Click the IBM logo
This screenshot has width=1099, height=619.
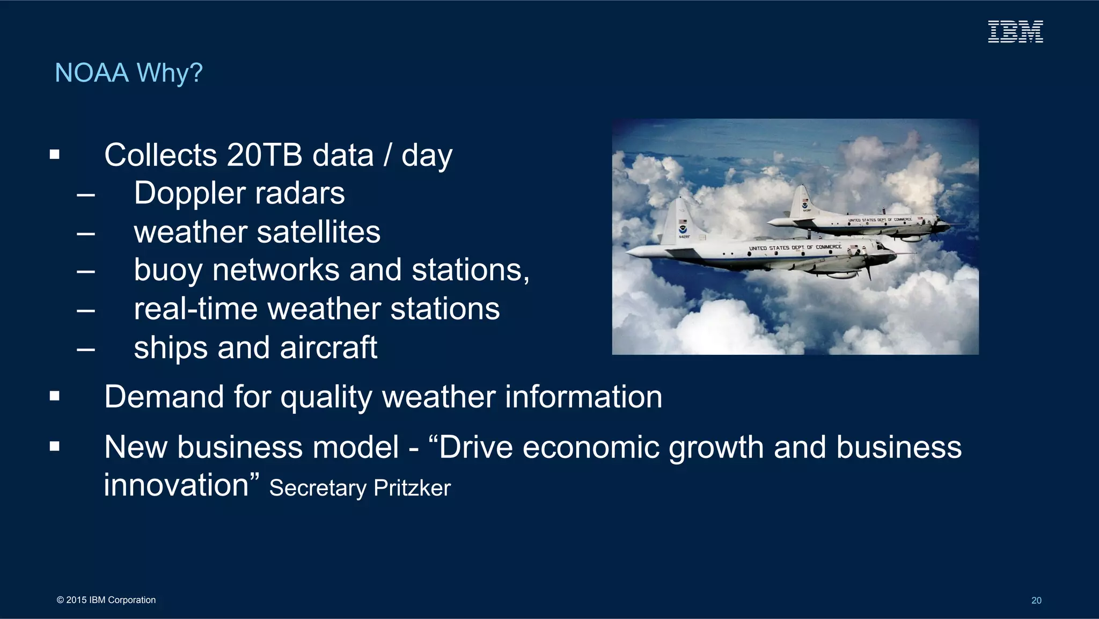click(x=1015, y=32)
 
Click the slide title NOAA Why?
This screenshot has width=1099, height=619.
click(x=129, y=73)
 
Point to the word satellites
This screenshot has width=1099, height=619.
click(x=319, y=232)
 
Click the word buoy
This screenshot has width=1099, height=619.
click(x=168, y=271)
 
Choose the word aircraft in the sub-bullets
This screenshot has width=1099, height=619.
click(x=328, y=348)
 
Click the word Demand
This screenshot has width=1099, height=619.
click(x=164, y=397)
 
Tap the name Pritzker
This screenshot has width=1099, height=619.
click(x=412, y=488)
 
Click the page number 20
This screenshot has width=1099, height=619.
click(x=1036, y=601)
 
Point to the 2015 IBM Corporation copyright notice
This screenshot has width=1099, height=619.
click(x=106, y=600)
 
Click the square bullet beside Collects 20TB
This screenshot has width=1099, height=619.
click(x=54, y=155)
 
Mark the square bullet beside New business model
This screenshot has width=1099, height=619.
click(x=54, y=447)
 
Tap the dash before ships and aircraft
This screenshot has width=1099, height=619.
click(x=86, y=349)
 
